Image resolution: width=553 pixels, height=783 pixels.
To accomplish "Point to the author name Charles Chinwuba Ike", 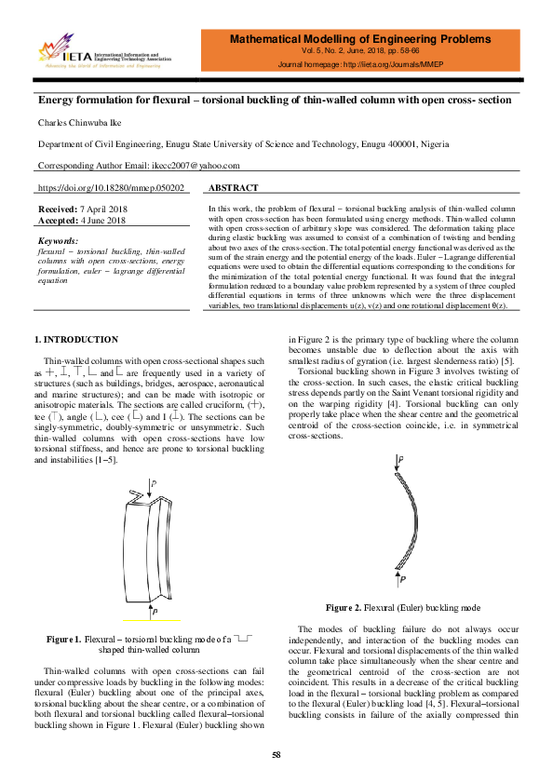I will point(77,122).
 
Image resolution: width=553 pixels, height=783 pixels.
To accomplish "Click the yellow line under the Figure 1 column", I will point(152,618).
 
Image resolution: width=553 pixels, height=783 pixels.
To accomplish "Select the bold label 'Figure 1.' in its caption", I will point(62,640).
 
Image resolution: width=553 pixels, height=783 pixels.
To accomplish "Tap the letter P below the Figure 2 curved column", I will point(401,578).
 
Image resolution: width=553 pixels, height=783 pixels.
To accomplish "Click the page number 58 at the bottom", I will point(276,754).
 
